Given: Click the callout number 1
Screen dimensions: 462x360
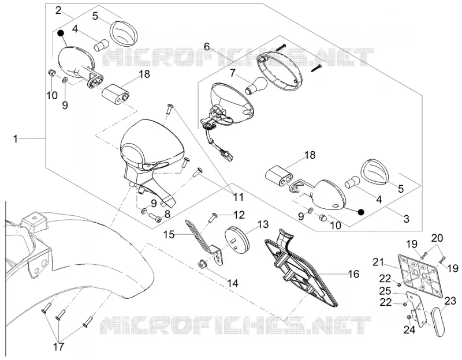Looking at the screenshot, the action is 16,138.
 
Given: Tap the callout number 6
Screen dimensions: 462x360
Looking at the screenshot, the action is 207,46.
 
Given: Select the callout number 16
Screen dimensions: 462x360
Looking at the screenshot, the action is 353,274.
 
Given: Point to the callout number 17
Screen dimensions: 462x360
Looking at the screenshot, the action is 58,347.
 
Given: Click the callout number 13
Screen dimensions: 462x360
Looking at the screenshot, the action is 263,224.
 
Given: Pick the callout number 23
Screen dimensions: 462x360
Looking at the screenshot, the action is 450,301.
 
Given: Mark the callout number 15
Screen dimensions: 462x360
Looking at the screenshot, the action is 169,235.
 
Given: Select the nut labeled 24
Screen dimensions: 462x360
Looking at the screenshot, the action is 409,317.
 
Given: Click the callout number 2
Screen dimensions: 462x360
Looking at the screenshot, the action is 58,10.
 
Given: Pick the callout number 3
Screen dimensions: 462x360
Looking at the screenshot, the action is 407,219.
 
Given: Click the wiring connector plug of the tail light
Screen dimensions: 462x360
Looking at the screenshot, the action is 228,155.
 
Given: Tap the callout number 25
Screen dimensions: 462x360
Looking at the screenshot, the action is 385,291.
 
